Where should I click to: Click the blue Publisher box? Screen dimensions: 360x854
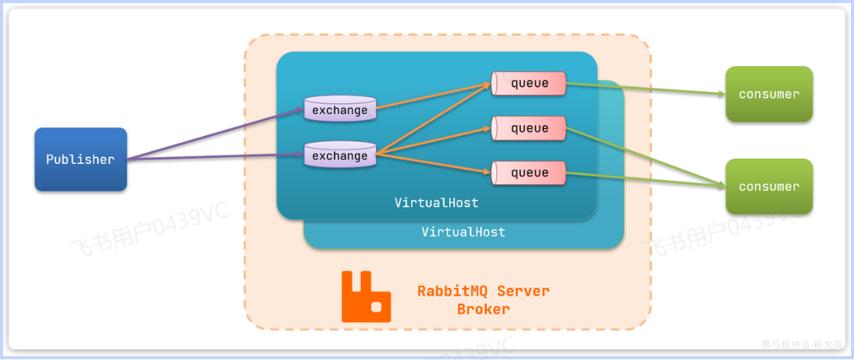coord(81,159)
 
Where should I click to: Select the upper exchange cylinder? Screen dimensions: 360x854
coord(340,109)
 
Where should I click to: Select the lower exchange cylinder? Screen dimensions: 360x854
coord(340,156)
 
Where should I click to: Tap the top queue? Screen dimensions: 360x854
coord(529,84)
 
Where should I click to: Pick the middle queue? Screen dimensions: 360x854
coord(529,128)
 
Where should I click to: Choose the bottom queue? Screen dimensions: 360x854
coord(529,172)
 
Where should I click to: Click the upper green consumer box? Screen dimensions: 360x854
coord(769,94)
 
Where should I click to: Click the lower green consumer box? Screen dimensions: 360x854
coord(769,187)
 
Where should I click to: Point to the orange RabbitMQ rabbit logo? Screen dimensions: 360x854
coord(365,296)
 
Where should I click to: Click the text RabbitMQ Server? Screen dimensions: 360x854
coord(483,291)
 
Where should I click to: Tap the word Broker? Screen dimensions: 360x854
coord(483,309)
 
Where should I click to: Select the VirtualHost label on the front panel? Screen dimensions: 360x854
coord(436,203)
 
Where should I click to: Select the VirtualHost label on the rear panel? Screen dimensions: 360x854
coord(463,232)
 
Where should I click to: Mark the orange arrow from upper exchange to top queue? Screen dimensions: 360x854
coord(433,96)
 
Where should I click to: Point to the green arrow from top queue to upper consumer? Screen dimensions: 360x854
coord(646,90)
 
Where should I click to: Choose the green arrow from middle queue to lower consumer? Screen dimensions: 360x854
coord(646,156)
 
